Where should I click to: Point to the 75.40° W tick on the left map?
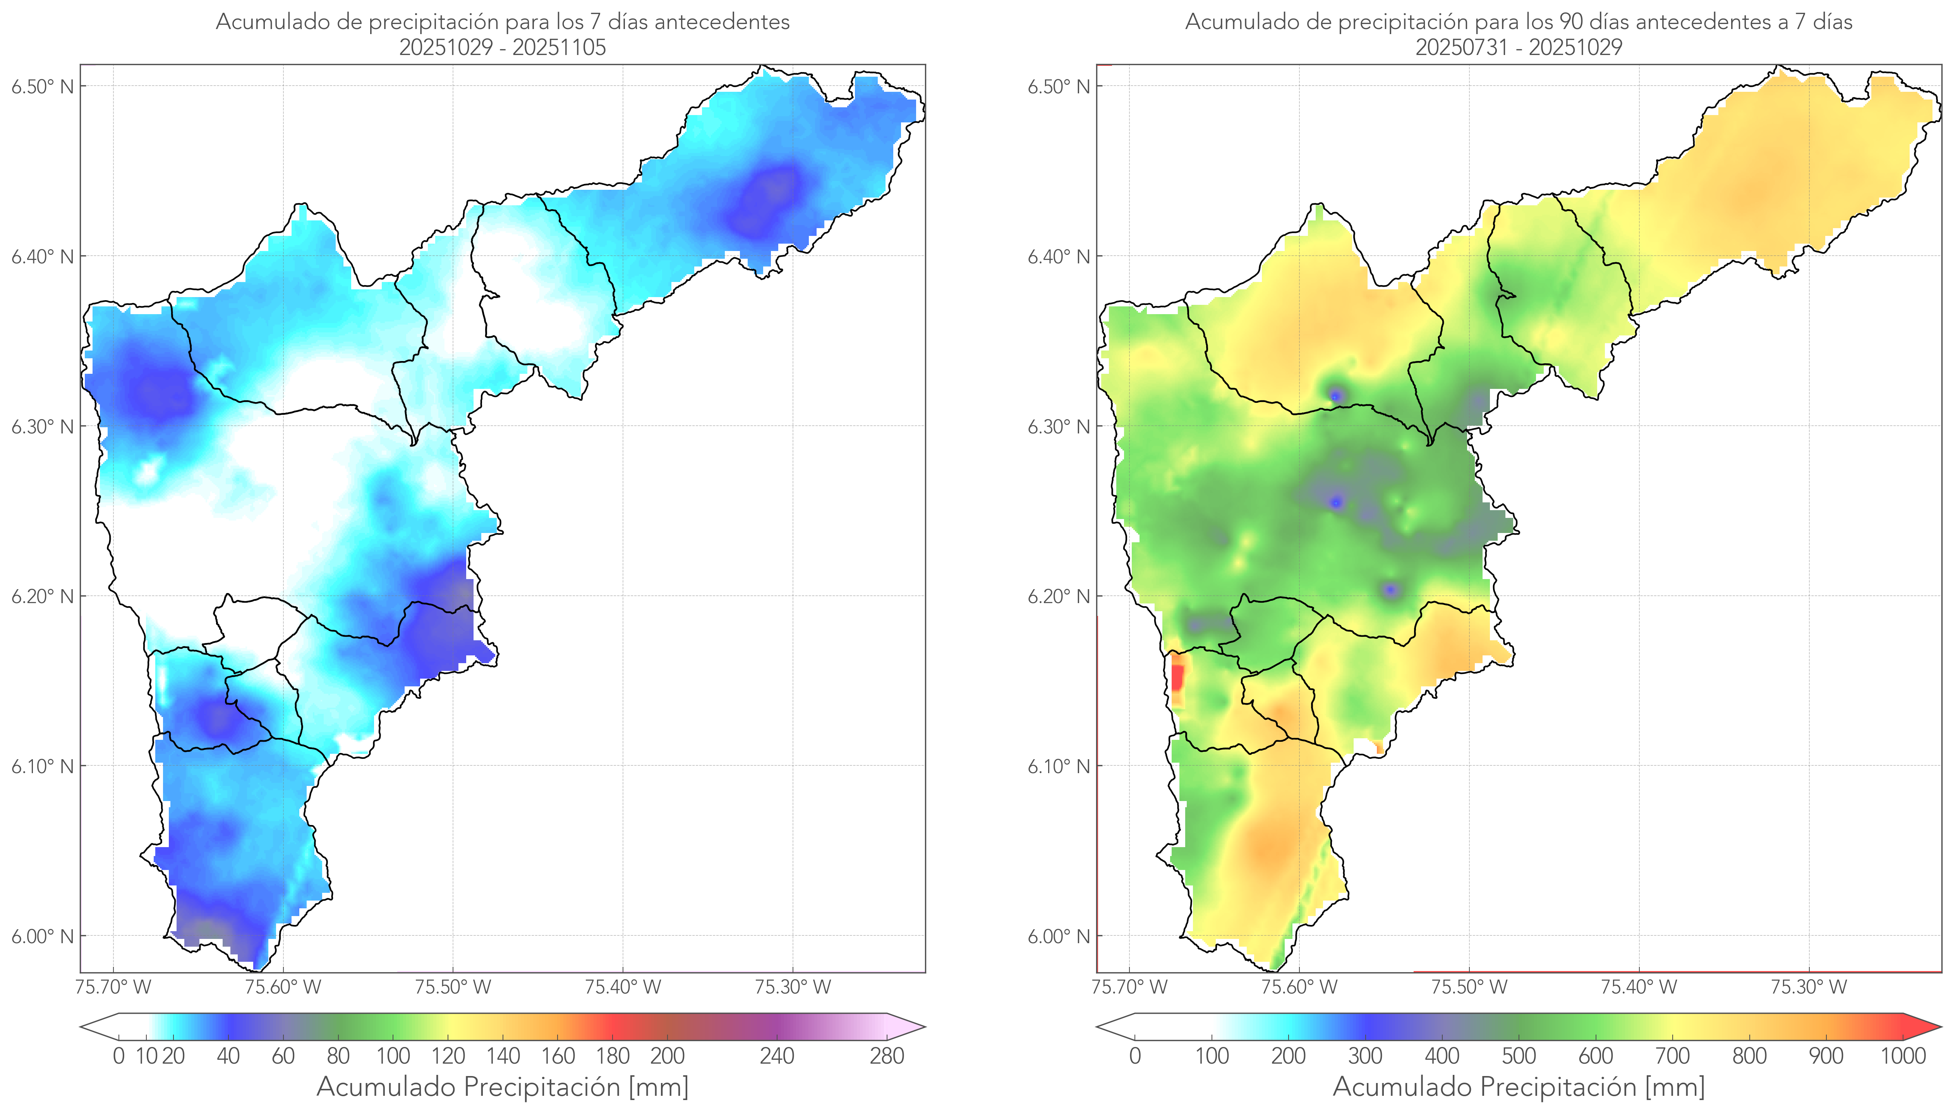623,987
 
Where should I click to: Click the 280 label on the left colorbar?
887,1057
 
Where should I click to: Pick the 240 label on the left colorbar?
777,1057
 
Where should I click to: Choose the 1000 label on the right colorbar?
1903,1057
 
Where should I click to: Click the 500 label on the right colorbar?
1519,1057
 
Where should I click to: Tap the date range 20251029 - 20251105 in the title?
503,47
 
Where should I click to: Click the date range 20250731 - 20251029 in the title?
1519,47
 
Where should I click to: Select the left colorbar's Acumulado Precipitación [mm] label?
503,1086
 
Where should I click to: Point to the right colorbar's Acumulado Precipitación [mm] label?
1519,1086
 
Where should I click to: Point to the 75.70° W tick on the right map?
1129,987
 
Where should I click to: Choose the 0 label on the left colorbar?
118,1057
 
